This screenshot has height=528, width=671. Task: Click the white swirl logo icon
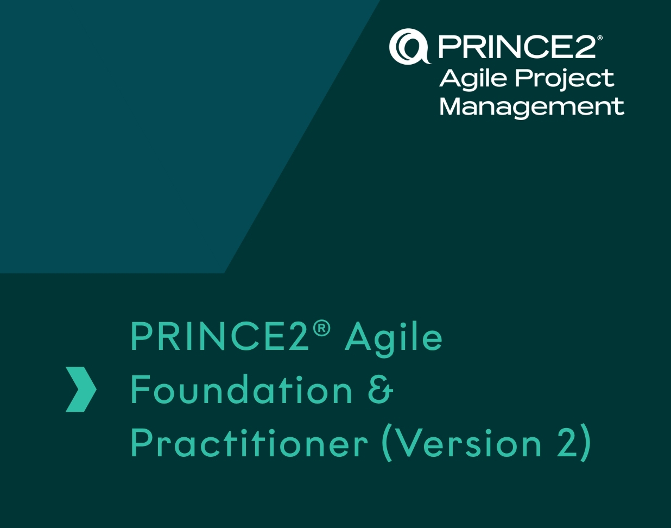(410, 46)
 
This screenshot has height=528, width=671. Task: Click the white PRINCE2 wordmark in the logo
(517, 47)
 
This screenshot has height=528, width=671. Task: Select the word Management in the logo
(531, 108)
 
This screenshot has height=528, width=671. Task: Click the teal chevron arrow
(81, 389)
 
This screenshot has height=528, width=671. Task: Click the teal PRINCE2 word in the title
(219, 337)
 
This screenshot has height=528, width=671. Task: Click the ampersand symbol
(381, 390)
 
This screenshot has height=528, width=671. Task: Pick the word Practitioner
(249, 443)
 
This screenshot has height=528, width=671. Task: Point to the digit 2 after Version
(565, 443)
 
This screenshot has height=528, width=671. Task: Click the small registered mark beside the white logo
(599, 38)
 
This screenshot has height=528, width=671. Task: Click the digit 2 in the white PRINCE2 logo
(585, 47)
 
